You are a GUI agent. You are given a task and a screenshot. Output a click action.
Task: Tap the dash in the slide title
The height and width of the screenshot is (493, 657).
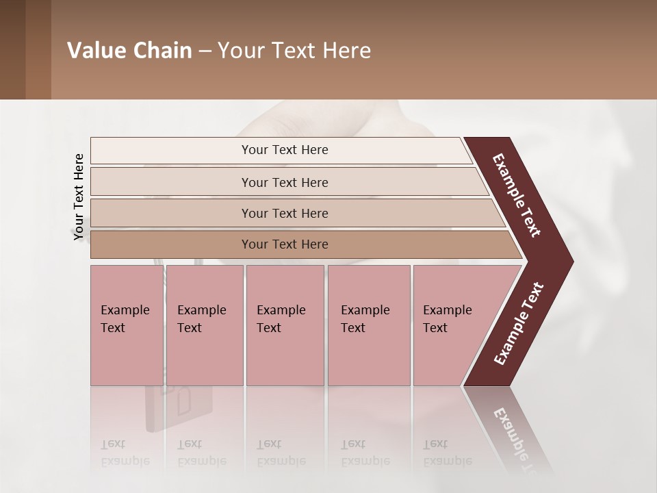click(205, 51)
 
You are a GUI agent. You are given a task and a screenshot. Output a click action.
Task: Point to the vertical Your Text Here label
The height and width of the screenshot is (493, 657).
click(79, 197)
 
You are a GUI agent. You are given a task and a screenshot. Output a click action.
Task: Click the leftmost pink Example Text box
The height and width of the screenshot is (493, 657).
click(127, 325)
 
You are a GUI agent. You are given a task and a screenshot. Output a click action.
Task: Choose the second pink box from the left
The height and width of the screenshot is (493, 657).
click(204, 325)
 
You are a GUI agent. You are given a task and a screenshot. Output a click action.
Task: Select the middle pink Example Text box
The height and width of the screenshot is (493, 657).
click(285, 325)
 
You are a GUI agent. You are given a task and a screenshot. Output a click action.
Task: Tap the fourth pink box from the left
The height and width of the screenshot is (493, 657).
click(368, 325)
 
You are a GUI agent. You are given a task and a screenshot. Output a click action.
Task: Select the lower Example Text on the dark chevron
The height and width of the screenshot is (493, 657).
click(519, 323)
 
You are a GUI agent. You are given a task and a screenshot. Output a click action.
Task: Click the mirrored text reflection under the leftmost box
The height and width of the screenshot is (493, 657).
click(125, 453)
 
